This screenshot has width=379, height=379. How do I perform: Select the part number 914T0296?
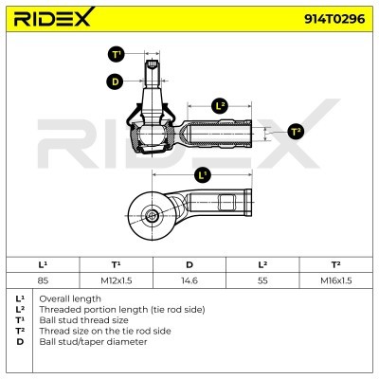point(334,19)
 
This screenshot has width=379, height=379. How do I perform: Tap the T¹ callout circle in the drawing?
point(117,54)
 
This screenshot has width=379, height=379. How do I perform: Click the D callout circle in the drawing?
point(115,81)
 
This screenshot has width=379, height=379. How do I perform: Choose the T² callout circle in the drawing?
point(296,132)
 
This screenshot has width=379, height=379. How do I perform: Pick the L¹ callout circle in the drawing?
point(203,174)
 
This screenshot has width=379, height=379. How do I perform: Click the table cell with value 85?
point(43,280)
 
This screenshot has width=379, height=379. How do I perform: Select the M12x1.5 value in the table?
point(117,280)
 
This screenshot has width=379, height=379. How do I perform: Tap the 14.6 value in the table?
point(189,280)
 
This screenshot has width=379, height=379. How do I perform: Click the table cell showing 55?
point(262,280)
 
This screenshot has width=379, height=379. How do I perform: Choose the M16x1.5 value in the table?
point(336,280)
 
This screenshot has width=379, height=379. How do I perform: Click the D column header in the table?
point(189,264)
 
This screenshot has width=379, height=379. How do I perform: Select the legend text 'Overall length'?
point(70,298)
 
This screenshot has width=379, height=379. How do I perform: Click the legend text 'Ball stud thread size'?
point(83,320)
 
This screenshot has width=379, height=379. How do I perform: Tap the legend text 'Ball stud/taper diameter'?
point(93,342)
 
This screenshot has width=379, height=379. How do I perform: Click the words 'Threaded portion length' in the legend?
point(95,310)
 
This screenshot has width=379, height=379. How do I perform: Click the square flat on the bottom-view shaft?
point(227,203)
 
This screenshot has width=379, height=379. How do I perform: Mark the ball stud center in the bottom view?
point(153,216)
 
